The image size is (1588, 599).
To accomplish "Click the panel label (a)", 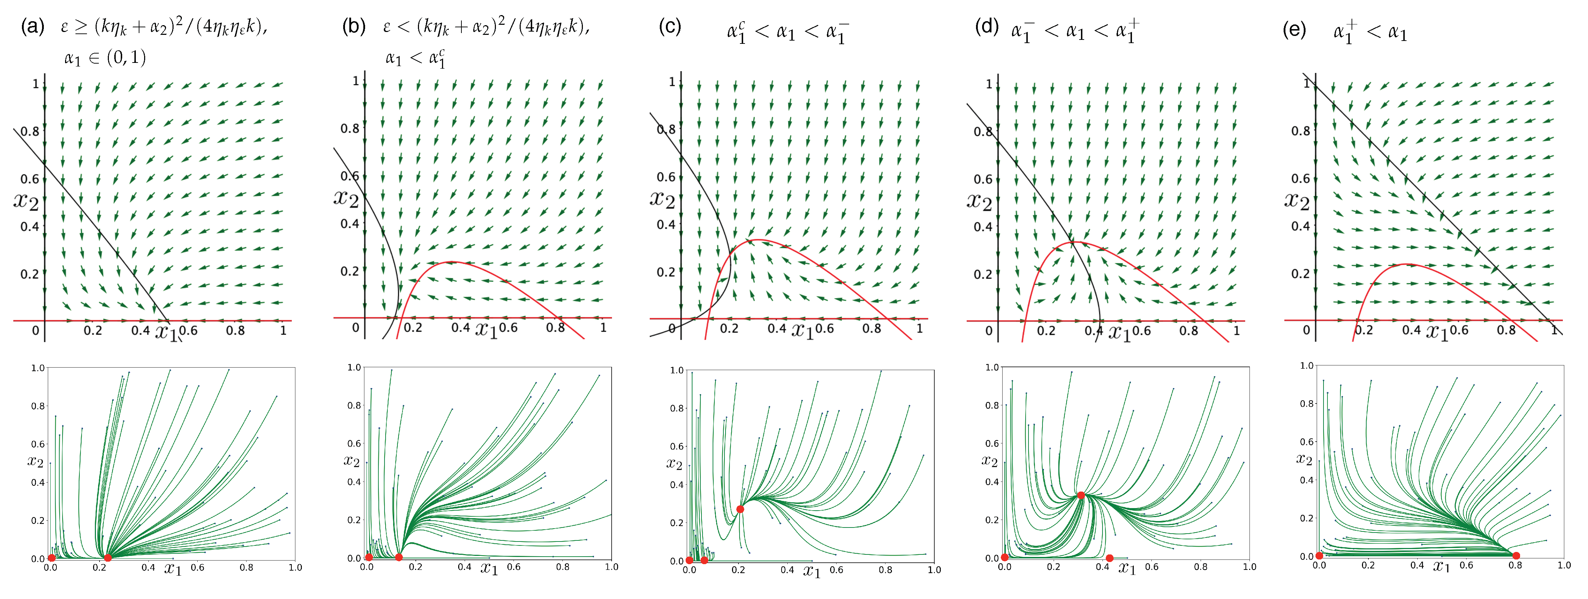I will [x=32, y=27].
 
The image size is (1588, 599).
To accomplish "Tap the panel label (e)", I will [x=1294, y=29].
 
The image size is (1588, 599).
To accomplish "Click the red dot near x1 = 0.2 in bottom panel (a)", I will [x=108, y=558].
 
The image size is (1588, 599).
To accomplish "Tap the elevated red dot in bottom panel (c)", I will [x=740, y=509].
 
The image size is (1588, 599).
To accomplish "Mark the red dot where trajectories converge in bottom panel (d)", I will [x=1081, y=495].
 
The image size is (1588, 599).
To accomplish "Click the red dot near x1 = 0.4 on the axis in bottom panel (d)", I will [x=1110, y=558].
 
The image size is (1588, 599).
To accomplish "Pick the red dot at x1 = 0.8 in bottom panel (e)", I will [x=1516, y=556].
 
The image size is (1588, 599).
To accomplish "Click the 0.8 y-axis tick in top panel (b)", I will [x=350, y=128].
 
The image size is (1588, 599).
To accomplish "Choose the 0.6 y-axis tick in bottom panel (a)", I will [x=38, y=444].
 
